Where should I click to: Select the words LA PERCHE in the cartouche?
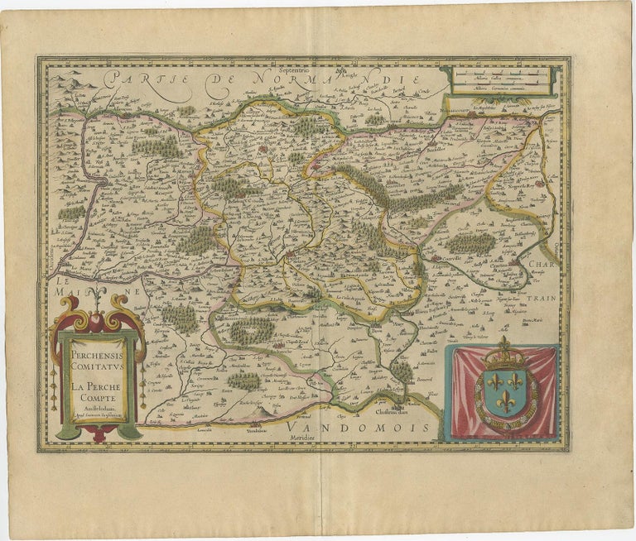pos(98,384)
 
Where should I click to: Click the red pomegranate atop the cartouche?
pos(97,321)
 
